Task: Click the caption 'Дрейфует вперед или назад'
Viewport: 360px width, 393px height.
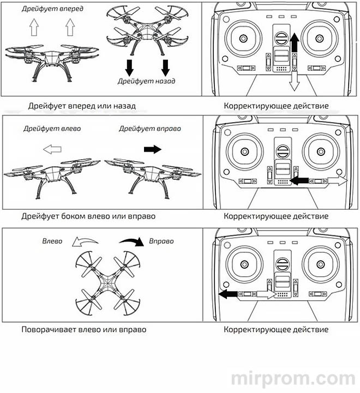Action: click(82, 105)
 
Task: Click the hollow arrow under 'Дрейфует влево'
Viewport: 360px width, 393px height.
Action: click(52, 148)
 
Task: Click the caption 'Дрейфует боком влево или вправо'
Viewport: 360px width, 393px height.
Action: click(88, 216)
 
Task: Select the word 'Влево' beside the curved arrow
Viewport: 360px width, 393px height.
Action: click(52, 240)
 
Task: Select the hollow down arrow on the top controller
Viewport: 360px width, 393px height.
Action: click(295, 80)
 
